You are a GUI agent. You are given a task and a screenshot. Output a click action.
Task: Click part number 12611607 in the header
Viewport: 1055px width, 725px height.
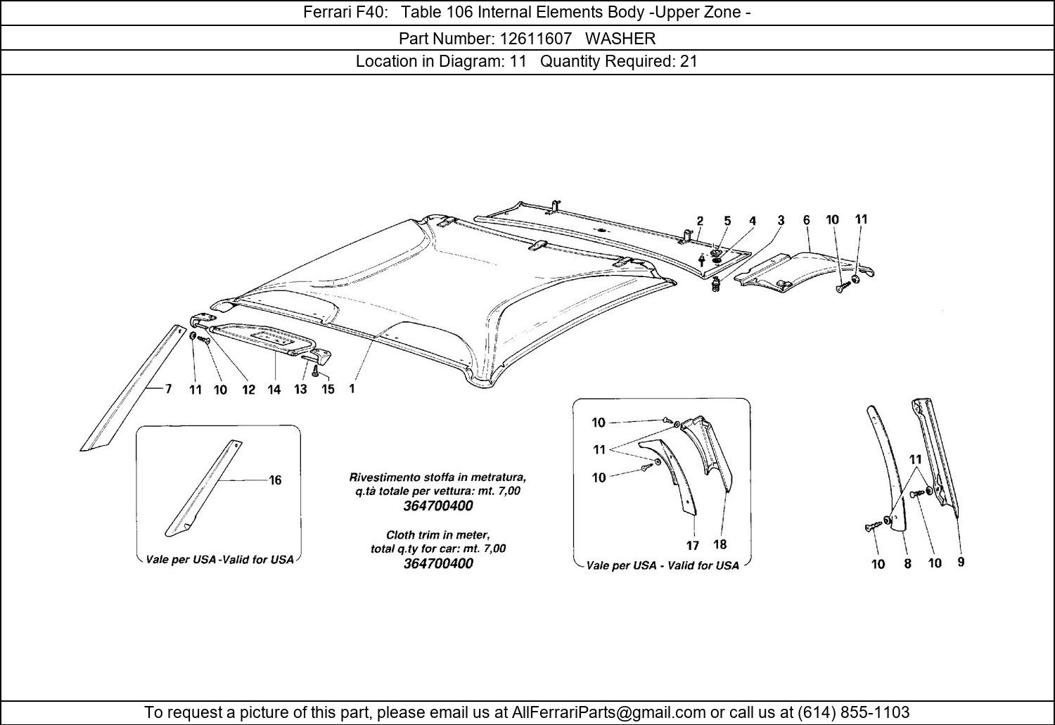[535, 38]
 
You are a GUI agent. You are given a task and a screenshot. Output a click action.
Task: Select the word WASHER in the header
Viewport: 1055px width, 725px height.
[620, 38]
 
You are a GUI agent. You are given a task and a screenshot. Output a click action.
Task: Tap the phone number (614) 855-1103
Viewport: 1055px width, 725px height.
[853, 712]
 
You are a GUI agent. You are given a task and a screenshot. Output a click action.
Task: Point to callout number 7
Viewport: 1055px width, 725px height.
[168, 389]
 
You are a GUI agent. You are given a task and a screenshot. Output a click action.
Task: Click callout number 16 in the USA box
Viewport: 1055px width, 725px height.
[275, 480]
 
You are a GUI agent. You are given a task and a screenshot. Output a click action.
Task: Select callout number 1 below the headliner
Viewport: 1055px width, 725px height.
[352, 388]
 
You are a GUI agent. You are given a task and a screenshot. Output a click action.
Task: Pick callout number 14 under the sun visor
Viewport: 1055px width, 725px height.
[274, 390]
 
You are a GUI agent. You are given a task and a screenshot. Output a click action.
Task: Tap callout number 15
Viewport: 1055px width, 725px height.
[328, 389]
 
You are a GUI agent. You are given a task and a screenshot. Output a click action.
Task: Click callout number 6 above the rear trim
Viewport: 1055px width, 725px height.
[806, 220]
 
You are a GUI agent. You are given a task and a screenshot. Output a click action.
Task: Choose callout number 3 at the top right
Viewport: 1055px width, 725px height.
[781, 220]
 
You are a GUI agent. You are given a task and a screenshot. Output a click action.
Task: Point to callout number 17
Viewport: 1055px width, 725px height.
[692, 545]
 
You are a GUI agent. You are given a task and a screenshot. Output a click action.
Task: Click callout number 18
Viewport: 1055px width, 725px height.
[720, 544]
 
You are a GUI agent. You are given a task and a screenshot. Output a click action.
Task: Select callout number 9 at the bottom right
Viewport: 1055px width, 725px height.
[961, 562]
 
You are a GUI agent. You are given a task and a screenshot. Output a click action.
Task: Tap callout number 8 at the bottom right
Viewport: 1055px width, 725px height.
[907, 563]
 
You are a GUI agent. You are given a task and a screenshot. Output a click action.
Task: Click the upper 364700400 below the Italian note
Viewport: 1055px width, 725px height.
[438, 506]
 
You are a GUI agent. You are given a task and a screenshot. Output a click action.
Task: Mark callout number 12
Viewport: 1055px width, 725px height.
[249, 390]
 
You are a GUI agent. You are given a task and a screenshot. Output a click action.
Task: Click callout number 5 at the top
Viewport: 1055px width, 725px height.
[727, 221]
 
